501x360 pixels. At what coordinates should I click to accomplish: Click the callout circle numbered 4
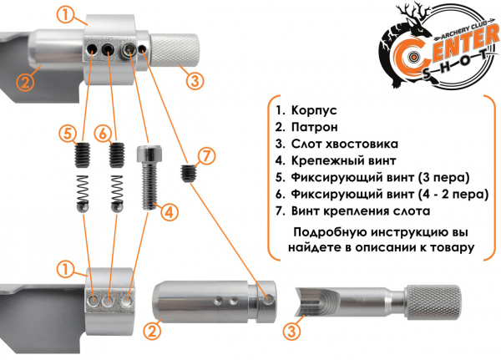(170, 213)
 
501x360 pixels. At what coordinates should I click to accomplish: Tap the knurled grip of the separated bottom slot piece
(433, 300)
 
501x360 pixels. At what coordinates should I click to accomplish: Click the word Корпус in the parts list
(312, 110)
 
